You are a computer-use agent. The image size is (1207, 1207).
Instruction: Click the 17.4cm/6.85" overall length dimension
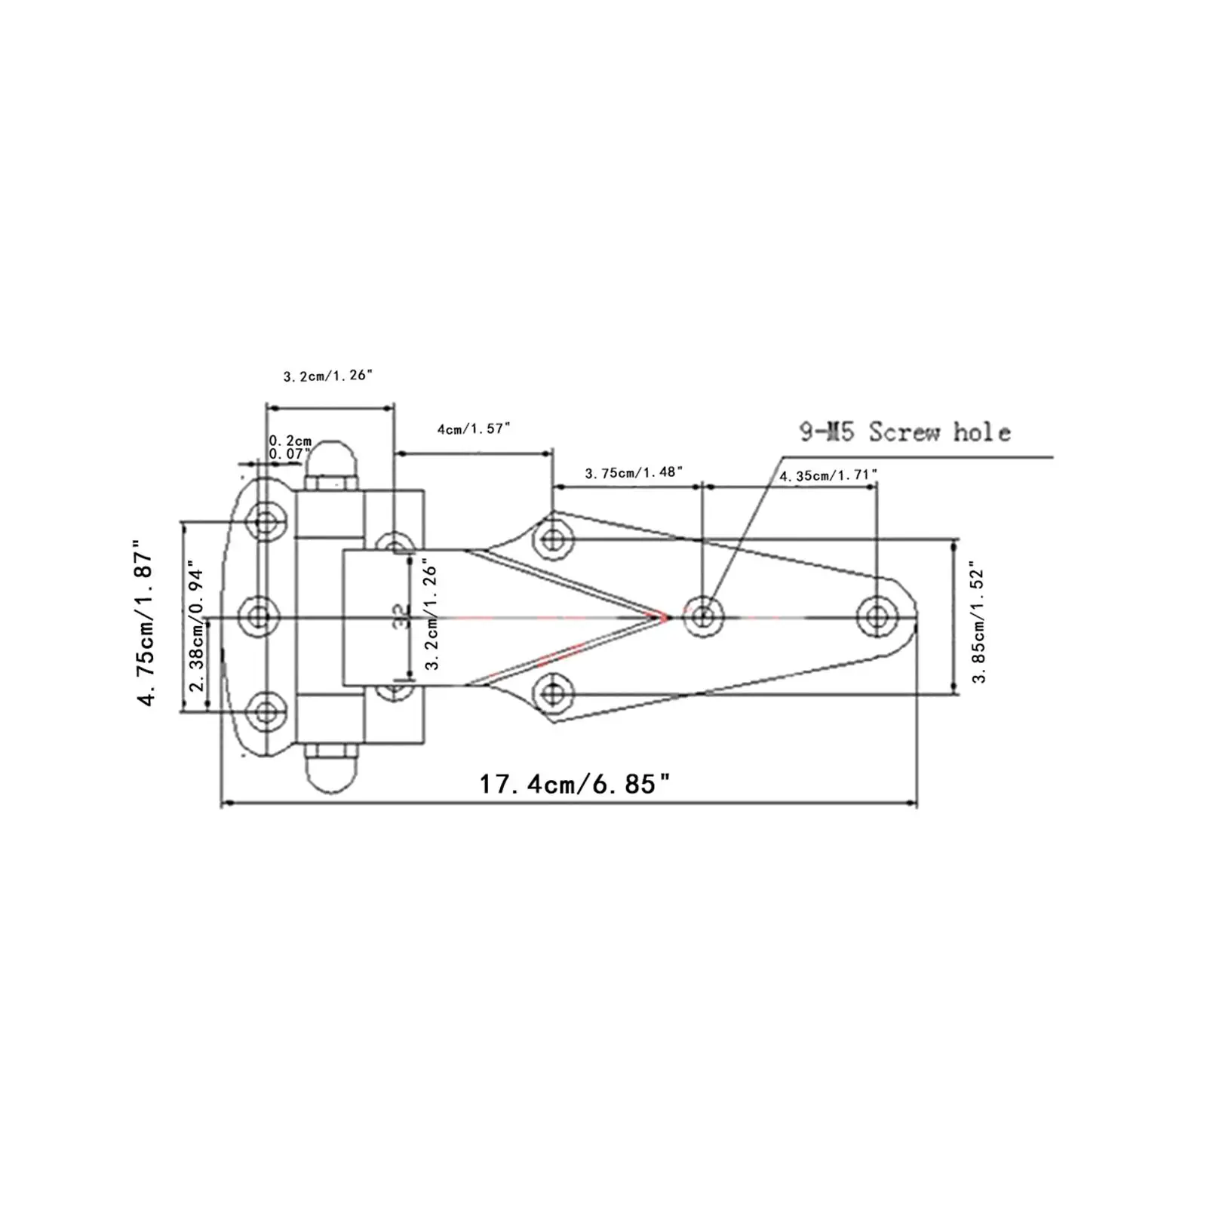pos(575,785)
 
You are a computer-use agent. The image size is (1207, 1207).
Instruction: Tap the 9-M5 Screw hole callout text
pos(904,432)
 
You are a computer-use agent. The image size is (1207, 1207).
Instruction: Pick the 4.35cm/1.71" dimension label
pos(828,475)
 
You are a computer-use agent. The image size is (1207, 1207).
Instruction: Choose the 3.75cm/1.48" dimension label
pos(634,472)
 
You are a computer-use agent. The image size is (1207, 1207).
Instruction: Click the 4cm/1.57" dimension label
pos(474,428)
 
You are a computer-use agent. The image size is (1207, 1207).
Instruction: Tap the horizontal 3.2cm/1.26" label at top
pos(327,375)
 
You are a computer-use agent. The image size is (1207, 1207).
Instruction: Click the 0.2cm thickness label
pos(290,441)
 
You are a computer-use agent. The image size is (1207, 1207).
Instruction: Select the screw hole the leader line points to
pos(703,616)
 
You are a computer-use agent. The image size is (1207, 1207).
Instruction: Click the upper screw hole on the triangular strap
pos(553,539)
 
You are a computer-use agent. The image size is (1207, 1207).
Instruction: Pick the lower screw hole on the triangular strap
pos(553,693)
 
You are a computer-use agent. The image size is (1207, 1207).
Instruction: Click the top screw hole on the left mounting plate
pos(266,521)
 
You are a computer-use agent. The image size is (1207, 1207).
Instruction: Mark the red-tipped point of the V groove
pos(667,617)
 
